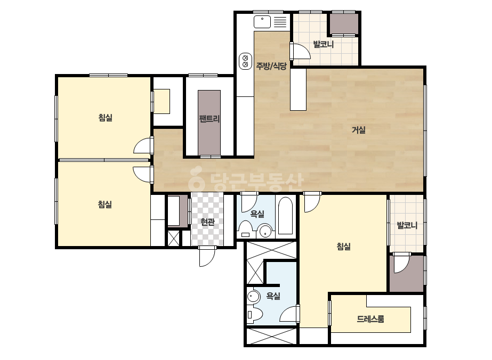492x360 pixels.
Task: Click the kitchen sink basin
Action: tap(262, 22)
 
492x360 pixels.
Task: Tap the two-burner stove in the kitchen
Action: tap(245, 61)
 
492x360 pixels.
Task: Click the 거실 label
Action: tap(359, 129)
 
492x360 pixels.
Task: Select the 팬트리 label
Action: tap(209, 119)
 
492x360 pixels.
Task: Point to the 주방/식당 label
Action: tap(271, 66)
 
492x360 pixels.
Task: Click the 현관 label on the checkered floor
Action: tap(207, 222)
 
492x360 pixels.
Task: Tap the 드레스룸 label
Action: tap(370, 319)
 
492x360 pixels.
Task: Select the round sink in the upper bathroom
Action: tap(265, 231)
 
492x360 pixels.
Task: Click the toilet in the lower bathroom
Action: tap(254, 315)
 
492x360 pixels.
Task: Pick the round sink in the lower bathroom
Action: tap(253, 297)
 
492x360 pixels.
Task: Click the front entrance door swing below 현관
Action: tap(207, 256)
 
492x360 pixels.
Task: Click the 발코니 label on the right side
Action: tap(407, 225)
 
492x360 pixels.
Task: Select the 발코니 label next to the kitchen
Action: tap(324, 44)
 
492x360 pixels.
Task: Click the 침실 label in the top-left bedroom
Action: tap(106, 118)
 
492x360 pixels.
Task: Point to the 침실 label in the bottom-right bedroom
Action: tap(344, 247)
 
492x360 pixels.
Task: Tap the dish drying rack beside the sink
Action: tap(280, 22)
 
